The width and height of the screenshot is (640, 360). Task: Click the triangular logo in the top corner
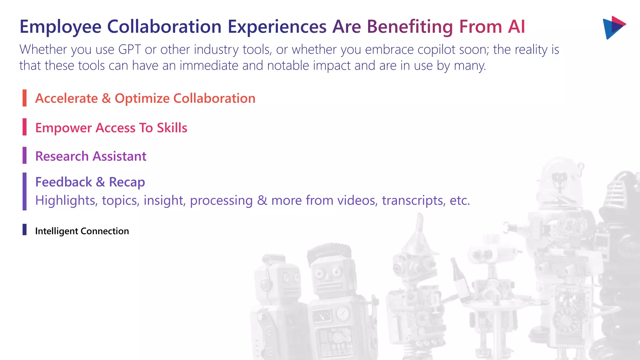click(614, 27)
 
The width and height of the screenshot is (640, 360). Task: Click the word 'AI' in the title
click(516, 27)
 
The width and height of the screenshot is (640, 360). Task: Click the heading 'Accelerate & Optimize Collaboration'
click(145, 98)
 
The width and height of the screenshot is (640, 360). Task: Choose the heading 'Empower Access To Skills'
click(111, 128)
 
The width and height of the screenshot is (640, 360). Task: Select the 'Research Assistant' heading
click(91, 156)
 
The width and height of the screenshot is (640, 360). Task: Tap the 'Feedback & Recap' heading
click(90, 182)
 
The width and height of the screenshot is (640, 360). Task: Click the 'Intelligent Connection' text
click(82, 231)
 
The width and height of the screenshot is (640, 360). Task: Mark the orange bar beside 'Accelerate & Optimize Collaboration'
click(24, 98)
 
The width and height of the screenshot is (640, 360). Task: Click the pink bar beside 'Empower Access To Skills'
click(24, 127)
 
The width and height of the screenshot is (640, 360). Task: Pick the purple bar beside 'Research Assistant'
click(24, 155)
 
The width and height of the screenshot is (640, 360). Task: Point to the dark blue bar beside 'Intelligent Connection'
click(24, 229)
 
